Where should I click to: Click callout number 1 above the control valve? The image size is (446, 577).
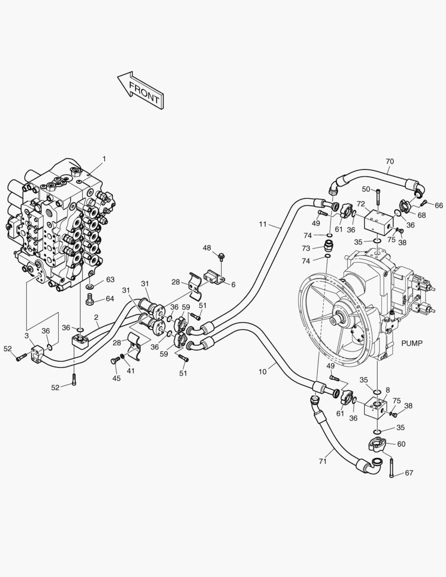point(104,159)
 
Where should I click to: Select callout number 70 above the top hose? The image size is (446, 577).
point(389,161)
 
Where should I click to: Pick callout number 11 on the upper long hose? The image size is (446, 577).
point(262,224)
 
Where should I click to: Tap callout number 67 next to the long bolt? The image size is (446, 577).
point(409,473)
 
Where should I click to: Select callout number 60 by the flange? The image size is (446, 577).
point(401,444)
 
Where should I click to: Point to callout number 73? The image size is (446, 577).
point(306,248)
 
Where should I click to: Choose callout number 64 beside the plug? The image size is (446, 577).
point(109,298)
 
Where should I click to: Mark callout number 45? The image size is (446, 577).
point(116,378)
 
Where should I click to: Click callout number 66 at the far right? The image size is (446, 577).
point(439,205)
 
